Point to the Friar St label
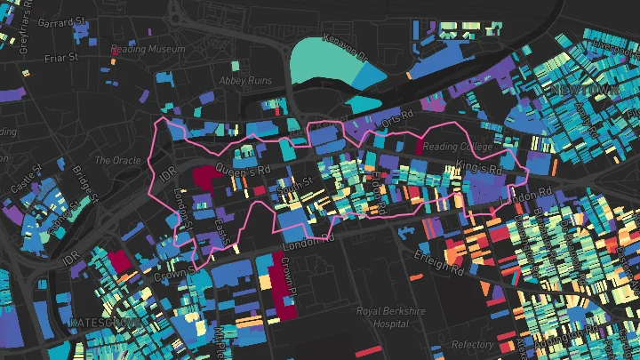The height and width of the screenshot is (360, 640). pos(62,58)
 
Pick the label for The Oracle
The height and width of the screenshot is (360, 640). pos(116,161)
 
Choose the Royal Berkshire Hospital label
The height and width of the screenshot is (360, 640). pos(392,317)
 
